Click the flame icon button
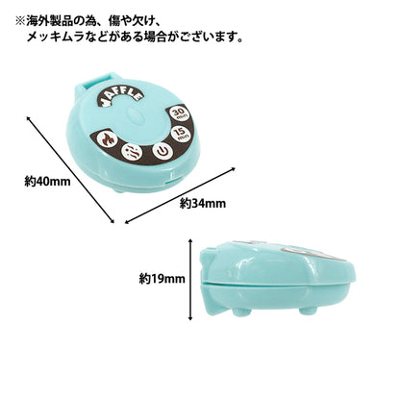click(x=105, y=138)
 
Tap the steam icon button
click(x=132, y=150)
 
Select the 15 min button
click(x=181, y=134)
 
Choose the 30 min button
click(x=179, y=113)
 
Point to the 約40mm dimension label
click(x=47, y=182)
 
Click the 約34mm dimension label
click(x=203, y=204)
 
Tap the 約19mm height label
click(x=162, y=279)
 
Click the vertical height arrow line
click(x=190, y=280)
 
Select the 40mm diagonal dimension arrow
click(x=70, y=169)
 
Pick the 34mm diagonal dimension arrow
click(x=180, y=195)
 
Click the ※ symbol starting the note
click(x=20, y=22)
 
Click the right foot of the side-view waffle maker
click(x=307, y=312)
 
